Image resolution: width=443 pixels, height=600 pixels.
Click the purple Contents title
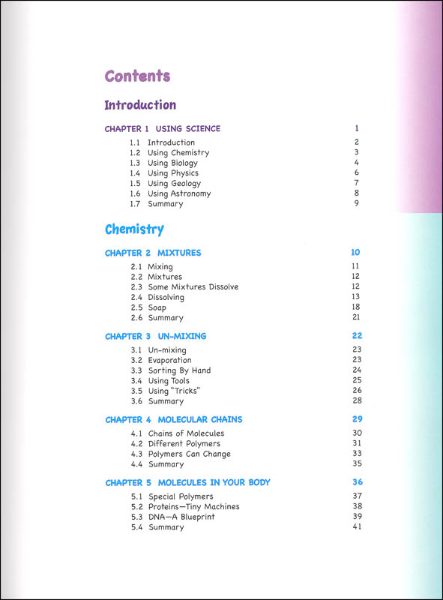(x=137, y=76)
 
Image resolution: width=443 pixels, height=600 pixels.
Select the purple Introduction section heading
(x=140, y=105)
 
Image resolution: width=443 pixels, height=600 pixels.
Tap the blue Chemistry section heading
(x=134, y=229)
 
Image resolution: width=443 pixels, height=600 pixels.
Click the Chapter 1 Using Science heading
(x=163, y=129)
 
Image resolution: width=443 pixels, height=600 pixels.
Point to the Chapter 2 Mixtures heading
(x=153, y=253)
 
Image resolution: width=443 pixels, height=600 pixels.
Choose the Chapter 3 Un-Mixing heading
(x=155, y=336)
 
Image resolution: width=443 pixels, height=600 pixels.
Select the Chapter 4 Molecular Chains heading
(x=173, y=419)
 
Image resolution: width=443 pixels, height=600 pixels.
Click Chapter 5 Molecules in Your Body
(x=187, y=482)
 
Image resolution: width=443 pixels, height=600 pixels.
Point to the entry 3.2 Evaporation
(x=166, y=360)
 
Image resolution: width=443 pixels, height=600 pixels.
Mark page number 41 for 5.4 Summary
(x=357, y=527)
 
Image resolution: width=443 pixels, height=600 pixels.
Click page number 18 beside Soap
(x=356, y=307)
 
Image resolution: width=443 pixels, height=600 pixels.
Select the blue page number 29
(x=357, y=419)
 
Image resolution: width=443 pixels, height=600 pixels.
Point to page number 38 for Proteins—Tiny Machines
(x=357, y=506)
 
